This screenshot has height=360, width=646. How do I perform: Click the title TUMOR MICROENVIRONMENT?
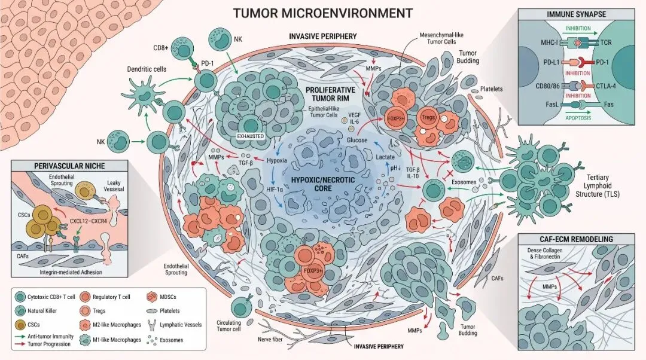[x=322, y=13]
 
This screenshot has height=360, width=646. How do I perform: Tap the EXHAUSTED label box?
[x=251, y=136]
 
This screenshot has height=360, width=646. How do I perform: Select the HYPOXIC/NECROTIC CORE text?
[x=323, y=184]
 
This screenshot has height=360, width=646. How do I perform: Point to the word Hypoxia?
[x=277, y=160]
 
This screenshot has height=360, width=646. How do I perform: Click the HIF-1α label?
[x=275, y=190]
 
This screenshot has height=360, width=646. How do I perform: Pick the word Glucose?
[x=356, y=140]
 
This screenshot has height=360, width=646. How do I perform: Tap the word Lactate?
[x=385, y=157]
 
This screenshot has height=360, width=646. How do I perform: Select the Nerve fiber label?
[x=270, y=339]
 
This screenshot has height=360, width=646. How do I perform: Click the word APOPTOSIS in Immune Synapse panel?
[x=578, y=118]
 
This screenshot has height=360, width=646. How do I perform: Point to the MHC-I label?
[x=549, y=42]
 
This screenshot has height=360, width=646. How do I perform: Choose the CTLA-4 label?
[x=606, y=86]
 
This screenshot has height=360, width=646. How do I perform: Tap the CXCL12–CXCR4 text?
[x=88, y=221]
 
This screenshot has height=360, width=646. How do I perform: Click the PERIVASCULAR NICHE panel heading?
[x=69, y=166]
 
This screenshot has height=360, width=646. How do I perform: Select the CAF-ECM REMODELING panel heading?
[x=576, y=239]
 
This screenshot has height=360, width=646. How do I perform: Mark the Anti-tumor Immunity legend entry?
[x=44, y=337]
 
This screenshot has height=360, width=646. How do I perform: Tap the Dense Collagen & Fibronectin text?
[x=545, y=254]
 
